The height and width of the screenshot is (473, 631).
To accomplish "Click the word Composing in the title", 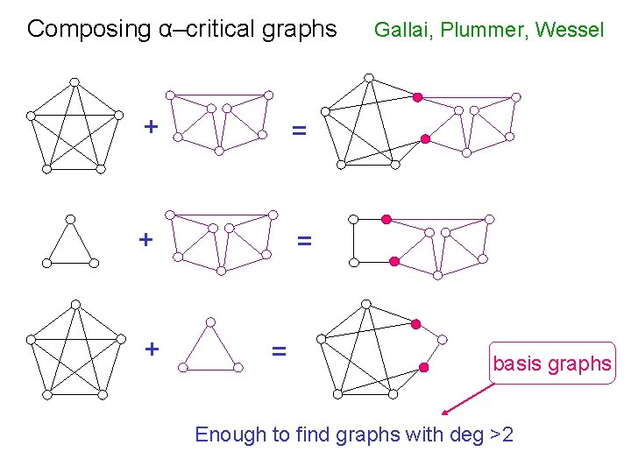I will point(77,29).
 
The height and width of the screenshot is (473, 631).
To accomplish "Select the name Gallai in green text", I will point(403,31).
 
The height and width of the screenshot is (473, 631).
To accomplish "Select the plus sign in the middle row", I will point(145,239).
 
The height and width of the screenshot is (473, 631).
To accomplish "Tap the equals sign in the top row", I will point(300,131).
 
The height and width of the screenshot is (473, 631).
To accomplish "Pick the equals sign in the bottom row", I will point(279,351).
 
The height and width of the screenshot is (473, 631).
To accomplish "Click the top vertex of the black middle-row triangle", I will point(71,219).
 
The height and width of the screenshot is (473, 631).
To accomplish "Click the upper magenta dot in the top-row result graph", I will point(418,96).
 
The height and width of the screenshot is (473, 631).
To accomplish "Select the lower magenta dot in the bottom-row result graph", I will point(423,368).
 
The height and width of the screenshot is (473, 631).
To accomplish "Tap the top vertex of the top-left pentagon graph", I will point(75,82).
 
